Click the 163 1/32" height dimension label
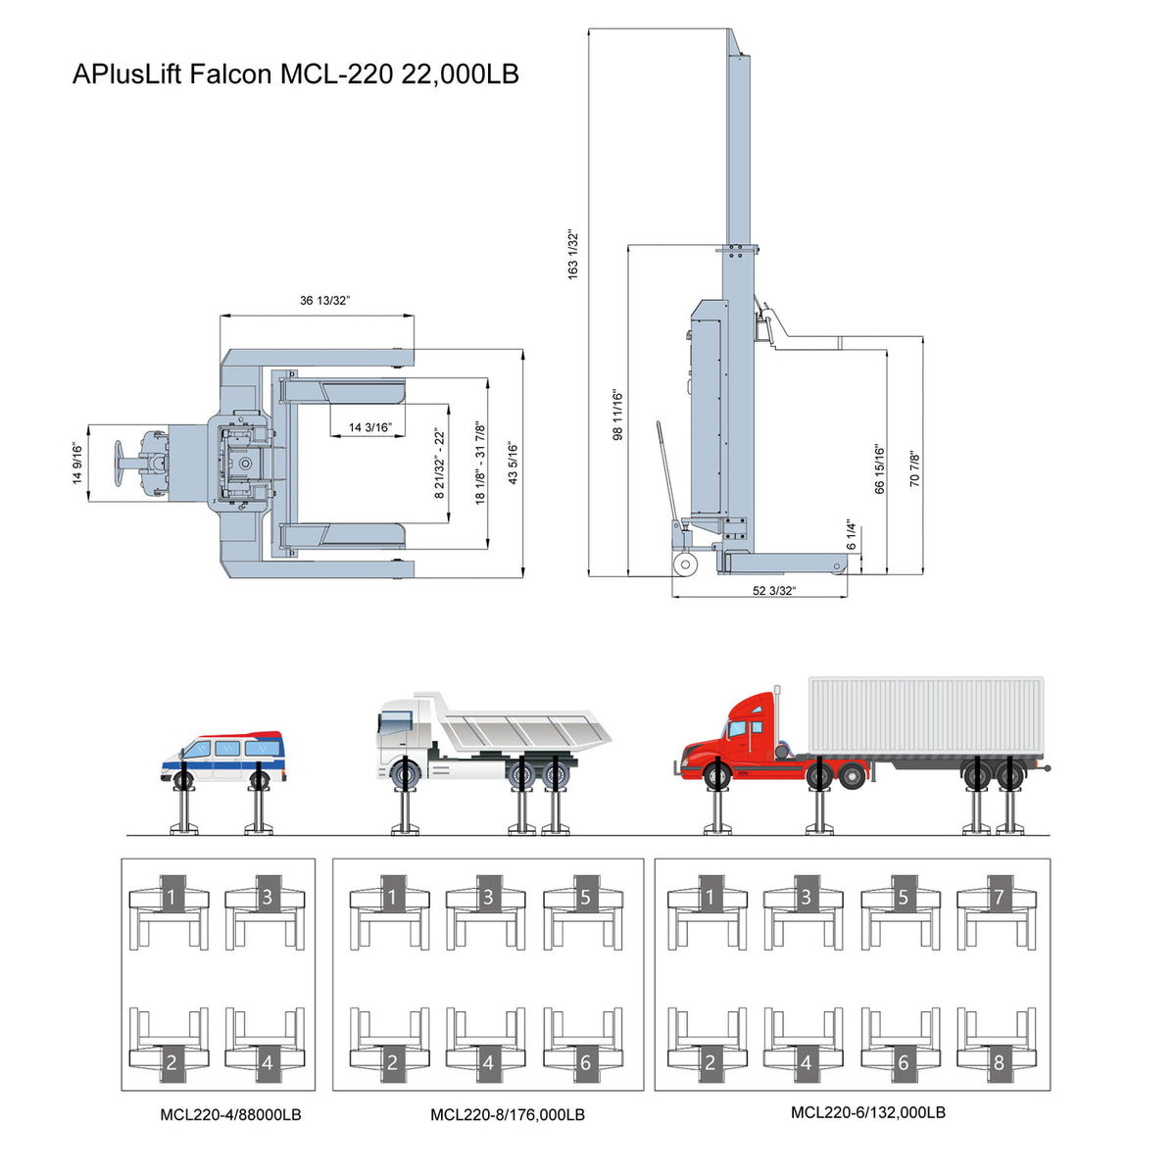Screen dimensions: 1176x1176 pyautogui.click(x=574, y=255)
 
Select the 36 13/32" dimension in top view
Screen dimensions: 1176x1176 pyautogui.click(x=324, y=301)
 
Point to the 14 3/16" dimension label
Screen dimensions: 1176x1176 pyautogui.click(x=370, y=427)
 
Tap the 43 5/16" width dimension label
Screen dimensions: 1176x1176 pyautogui.click(x=513, y=464)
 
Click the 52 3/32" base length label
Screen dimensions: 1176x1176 pyautogui.click(x=774, y=590)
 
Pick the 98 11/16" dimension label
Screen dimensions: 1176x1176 pyautogui.click(x=617, y=415)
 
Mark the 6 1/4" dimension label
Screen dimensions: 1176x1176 pyautogui.click(x=853, y=534)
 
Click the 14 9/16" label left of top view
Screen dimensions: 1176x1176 pyautogui.click(x=77, y=464)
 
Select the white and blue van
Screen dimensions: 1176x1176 pyautogui.click(x=224, y=755)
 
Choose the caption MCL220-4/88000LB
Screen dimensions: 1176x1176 pyautogui.click(x=231, y=1114)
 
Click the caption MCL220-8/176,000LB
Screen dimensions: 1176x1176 pyautogui.click(x=508, y=1114)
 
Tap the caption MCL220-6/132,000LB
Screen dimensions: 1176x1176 pyautogui.click(x=868, y=1112)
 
